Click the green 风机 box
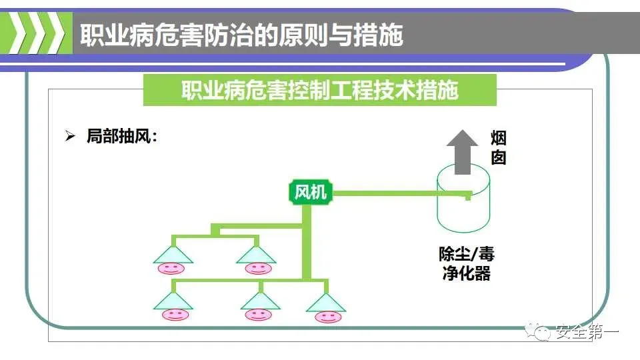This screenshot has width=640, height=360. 311,193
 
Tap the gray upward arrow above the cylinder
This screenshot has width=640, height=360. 462,151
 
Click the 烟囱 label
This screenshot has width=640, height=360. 499,148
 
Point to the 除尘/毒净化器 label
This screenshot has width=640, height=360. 467,263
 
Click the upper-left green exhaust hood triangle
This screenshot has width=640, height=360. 173,254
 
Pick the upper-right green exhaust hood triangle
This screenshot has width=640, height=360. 256,254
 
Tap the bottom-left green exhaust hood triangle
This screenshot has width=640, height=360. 173,301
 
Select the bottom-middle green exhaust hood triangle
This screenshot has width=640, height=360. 259,301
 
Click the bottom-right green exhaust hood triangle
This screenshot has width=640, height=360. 326,303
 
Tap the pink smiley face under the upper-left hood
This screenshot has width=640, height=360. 171,269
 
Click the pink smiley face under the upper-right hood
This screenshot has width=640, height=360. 257,269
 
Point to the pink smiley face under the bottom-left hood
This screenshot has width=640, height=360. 174,314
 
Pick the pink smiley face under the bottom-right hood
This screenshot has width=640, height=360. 326,315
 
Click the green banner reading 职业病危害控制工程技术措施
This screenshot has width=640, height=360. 320,91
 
